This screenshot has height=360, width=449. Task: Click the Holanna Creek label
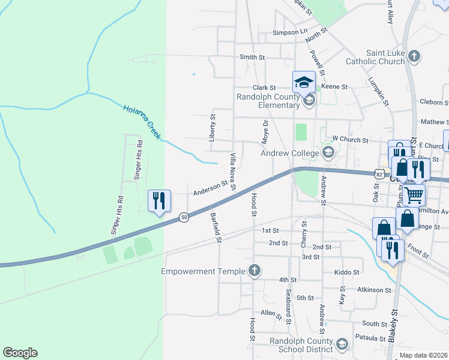tap(142, 122)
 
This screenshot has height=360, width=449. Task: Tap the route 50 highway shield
tap(184, 217)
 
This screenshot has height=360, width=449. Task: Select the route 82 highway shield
tap(378, 173)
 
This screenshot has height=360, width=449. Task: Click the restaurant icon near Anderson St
tap(160, 200)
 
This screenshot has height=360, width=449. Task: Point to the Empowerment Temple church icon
tap(255, 271)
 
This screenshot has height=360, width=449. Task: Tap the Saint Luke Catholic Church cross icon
tap(414, 57)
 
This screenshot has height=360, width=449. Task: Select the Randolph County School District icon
tap(342, 344)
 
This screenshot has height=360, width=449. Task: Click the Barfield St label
tap(216, 227)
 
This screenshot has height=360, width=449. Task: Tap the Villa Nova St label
tap(233, 173)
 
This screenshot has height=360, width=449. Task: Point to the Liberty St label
tap(212, 127)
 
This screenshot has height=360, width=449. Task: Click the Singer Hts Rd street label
tap(139, 161)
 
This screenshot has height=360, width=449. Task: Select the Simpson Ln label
tap(289, 32)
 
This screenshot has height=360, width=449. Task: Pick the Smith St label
tap(252, 57)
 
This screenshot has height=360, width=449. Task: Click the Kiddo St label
tap(348, 272)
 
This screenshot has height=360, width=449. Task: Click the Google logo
tap(20, 353)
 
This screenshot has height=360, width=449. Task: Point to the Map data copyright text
tap(423, 355)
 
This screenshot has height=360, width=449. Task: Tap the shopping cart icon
tap(413, 194)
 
